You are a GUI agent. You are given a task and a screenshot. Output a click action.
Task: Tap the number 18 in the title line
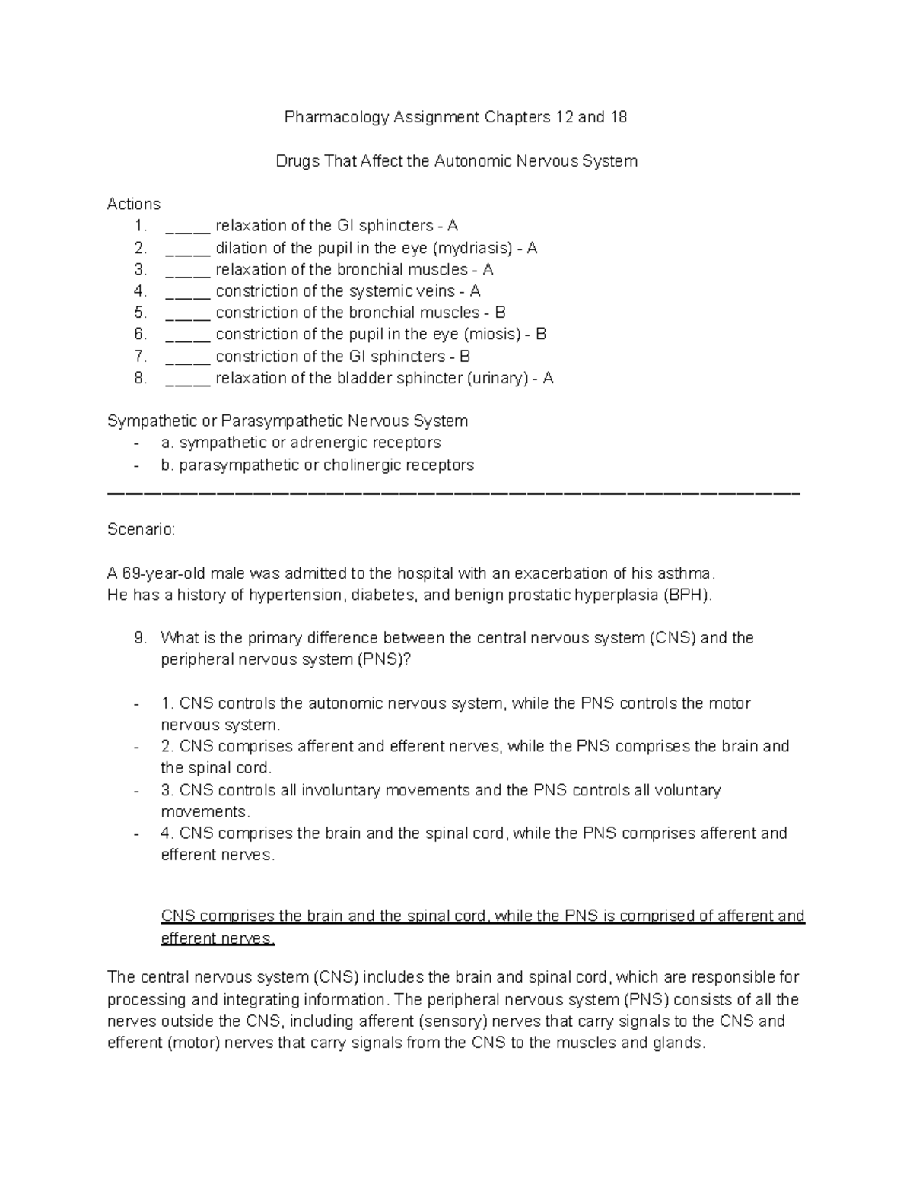pos(618,117)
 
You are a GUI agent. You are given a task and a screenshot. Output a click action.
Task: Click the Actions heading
pos(134,204)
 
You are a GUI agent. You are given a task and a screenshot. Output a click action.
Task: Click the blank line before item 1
pos(187,227)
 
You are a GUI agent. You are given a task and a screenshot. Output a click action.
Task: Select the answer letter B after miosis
pos(541,334)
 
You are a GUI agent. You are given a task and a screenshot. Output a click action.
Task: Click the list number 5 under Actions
pos(139,313)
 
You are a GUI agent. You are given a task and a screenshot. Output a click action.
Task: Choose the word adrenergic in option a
pos(355,443)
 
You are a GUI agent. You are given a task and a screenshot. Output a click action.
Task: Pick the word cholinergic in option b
pos(364,465)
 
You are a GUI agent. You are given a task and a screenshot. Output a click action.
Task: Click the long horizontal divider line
pos(454,494)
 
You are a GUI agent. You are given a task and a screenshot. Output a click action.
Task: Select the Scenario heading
pos(141,529)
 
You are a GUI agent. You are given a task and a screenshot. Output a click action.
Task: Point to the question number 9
pos(139,638)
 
